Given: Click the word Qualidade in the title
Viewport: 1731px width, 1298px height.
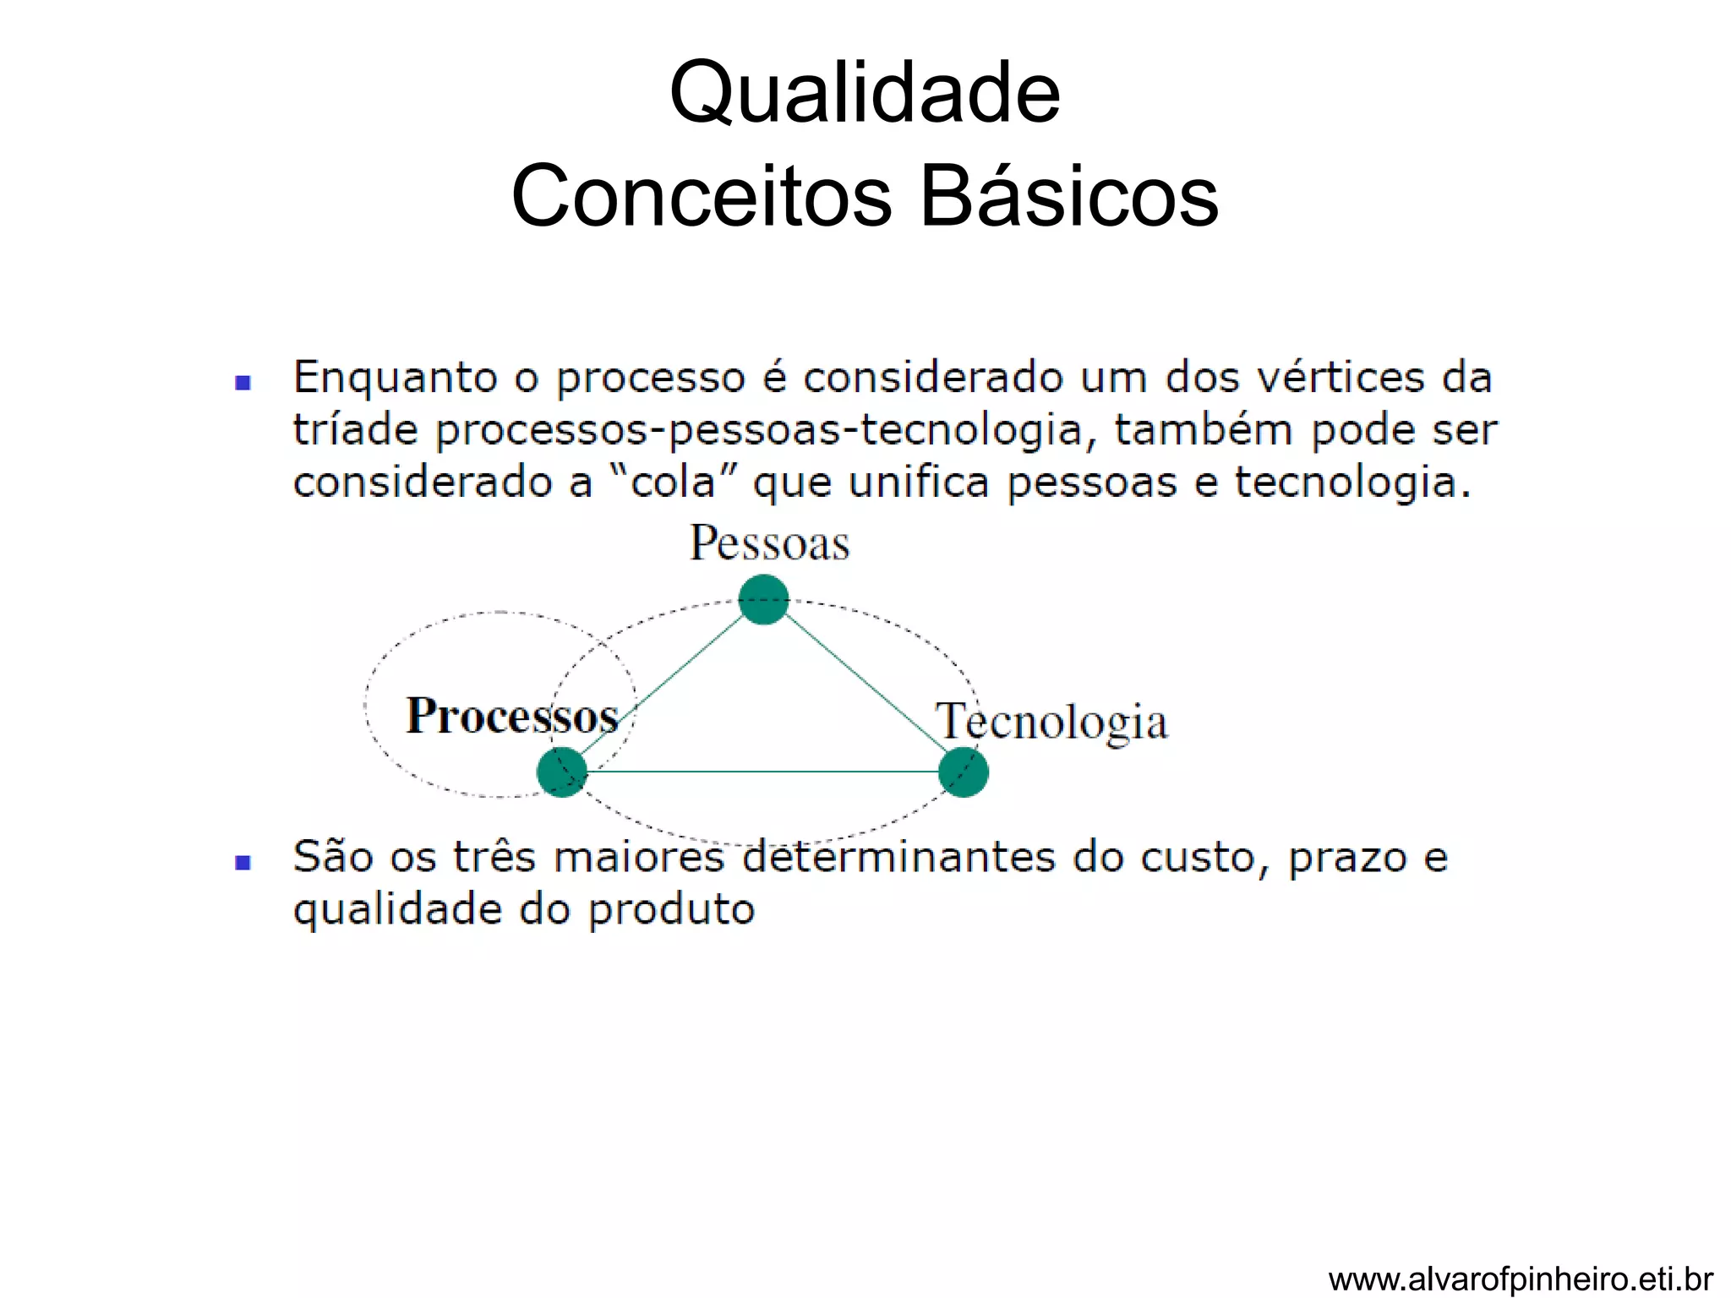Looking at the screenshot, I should [x=865, y=93].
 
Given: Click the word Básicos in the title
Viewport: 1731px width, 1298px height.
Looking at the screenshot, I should [x=1068, y=196].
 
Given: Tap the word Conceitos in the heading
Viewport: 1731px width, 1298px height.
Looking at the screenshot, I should [x=702, y=196].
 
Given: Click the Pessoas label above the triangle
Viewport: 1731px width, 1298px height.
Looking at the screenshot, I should [x=769, y=543].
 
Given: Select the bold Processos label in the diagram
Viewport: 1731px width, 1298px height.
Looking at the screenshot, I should [x=512, y=717].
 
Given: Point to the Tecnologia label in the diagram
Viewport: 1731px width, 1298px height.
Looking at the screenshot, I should [x=1051, y=722].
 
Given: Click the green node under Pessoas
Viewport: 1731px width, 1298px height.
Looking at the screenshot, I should [x=763, y=599].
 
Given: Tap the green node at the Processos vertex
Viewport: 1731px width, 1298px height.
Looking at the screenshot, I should [x=562, y=772].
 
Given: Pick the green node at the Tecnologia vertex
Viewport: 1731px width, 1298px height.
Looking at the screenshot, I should [x=963, y=772].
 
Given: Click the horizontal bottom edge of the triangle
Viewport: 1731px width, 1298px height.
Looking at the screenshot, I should [x=761, y=772].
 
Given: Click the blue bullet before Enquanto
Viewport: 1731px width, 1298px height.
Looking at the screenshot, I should [x=243, y=383].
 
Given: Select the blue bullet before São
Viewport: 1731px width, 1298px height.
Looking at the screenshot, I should [x=243, y=862].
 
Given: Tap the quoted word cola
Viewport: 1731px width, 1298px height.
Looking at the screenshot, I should [x=674, y=483].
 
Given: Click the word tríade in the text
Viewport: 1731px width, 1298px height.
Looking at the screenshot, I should [x=355, y=430].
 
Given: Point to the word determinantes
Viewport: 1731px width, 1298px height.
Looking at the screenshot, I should [x=899, y=857].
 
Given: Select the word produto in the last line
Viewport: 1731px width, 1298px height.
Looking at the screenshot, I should [x=671, y=911].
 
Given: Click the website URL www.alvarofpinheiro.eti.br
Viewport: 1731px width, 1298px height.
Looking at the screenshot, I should [x=1520, y=1279].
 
